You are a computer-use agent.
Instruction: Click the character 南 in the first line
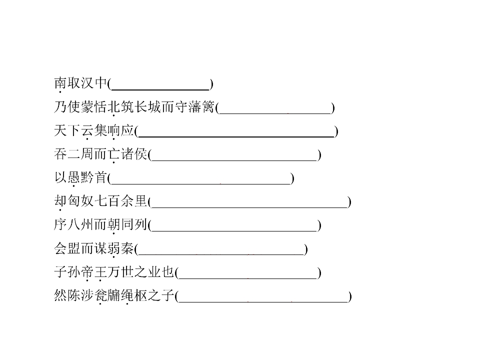click(x=60, y=83)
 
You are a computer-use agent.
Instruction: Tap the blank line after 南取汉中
click(x=160, y=89)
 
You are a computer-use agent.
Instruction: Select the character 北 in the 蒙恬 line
click(x=114, y=107)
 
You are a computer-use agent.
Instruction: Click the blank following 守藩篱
click(x=275, y=113)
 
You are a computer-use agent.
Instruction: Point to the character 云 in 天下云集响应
click(x=87, y=130)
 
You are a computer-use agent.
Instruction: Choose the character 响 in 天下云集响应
click(x=114, y=130)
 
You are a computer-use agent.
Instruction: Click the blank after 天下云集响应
click(x=236, y=137)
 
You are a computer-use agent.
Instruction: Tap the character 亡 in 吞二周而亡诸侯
click(x=114, y=153)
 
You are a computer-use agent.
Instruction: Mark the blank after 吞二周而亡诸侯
click(x=234, y=160)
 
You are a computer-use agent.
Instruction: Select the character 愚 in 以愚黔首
click(x=74, y=177)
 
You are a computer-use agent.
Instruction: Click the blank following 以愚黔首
click(x=201, y=184)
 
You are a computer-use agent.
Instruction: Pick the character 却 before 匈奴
click(x=60, y=201)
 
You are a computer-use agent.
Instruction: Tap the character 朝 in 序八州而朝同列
click(x=114, y=224)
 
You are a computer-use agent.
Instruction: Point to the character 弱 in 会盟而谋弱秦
click(x=114, y=248)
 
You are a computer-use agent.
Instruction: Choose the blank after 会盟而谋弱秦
click(x=221, y=255)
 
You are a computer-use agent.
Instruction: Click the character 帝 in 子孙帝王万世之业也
click(x=87, y=272)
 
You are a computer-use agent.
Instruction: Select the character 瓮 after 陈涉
click(x=100, y=295)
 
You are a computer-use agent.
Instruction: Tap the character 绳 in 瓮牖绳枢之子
click(x=127, y=295)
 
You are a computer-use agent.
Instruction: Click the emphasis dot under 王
click(x=100, y=280)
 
